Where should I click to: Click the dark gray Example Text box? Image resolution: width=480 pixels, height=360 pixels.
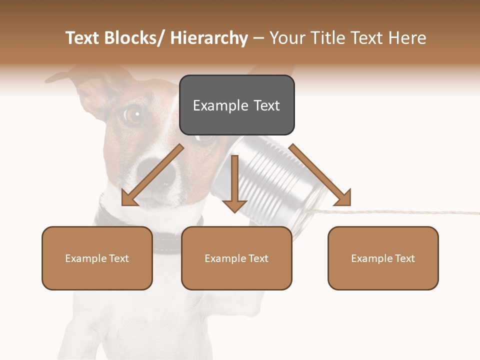[236, 105]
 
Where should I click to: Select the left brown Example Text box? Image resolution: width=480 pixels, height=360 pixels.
[97, 258]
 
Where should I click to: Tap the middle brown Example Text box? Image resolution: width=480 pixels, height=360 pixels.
[236, 258]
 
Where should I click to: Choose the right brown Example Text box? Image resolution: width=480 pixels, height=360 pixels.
[383, 258]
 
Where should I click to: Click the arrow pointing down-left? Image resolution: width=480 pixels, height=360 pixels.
[152, 175]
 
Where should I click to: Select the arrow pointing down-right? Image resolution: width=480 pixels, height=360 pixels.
[320, 175]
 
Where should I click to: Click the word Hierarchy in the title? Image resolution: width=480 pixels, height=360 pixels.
[208, 38]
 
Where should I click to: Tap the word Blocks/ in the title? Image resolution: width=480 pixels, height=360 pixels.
[134, 38]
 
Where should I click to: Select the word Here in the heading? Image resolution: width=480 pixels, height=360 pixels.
[408, 38]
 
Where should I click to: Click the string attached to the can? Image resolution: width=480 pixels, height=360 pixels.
[400, 212]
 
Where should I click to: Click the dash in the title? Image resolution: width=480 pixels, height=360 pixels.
[258, 38]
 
